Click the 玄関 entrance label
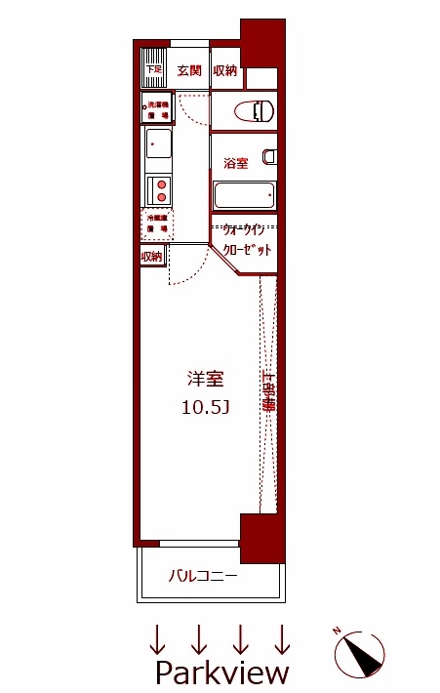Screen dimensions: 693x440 [189, 70]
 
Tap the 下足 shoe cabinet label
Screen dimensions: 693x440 [152, 70]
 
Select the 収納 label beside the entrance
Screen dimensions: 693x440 [224, 70]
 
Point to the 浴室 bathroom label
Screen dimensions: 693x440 [235, 163]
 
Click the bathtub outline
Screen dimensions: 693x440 [243, 195]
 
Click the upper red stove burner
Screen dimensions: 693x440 [161, 183]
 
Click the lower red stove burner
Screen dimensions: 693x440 [161, 197]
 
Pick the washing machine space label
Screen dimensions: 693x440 [156, 108]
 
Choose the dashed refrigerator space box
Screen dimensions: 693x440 [156, 224]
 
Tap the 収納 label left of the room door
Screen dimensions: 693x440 [150, 257]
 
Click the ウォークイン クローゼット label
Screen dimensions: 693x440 [245, 240]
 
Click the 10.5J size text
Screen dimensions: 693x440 [205, 407]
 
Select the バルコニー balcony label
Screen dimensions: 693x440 [203, 576]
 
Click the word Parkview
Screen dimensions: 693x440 [222, 673]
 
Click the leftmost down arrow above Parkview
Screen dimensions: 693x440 [156, 638]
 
